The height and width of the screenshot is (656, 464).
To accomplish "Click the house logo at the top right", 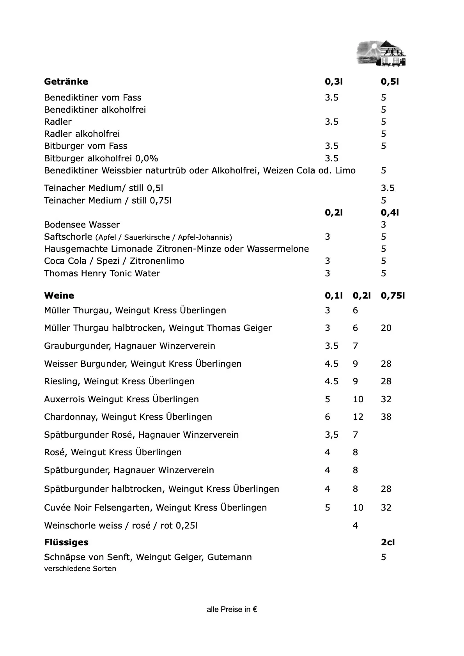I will (x=381, y=53).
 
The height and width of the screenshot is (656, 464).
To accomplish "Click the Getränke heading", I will (x=66, y=82).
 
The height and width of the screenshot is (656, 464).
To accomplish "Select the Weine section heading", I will (x=59, y=295).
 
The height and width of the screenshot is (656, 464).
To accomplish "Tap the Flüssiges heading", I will (x=66, y=542).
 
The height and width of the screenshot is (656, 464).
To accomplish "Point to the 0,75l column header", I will (x=393, y=295).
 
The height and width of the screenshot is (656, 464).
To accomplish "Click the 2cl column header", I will (x=388, y=542).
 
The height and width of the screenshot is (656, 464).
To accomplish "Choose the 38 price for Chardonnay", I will (x=386, y=417).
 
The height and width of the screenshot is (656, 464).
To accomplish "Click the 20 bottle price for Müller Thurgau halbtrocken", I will (x=386, y=328).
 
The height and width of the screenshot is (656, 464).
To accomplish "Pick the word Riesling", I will (x=60, y=381).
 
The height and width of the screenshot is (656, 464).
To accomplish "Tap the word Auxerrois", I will (x=64, y=399).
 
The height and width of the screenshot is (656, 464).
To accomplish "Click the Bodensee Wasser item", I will (x=82, y=225).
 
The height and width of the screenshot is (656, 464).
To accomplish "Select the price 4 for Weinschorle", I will (x=355, y=525).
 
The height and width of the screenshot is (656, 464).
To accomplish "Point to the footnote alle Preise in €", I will (x=232, y=609).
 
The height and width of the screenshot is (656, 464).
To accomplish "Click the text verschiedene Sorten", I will (x=80, y=569).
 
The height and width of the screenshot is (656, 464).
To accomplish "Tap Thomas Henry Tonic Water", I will (x=102, y=273).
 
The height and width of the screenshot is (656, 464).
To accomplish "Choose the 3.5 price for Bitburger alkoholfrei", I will (x=331, y=158).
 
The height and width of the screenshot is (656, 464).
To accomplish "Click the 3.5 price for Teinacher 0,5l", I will (x=388, y=188).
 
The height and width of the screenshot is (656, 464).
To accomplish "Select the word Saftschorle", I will (x=68, y=237).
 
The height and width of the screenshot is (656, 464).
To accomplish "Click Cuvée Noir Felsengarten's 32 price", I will (x=386, y=507).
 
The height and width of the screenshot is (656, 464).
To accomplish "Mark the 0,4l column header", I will (x=390, y=212).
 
